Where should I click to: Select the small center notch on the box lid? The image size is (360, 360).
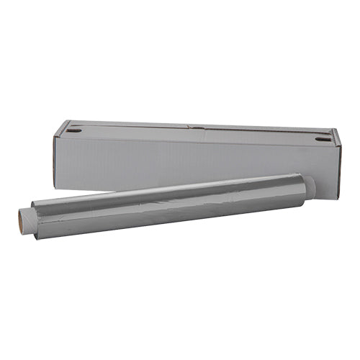(x=192, y=127)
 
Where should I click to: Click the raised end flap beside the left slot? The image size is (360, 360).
(x=63, y=128)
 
